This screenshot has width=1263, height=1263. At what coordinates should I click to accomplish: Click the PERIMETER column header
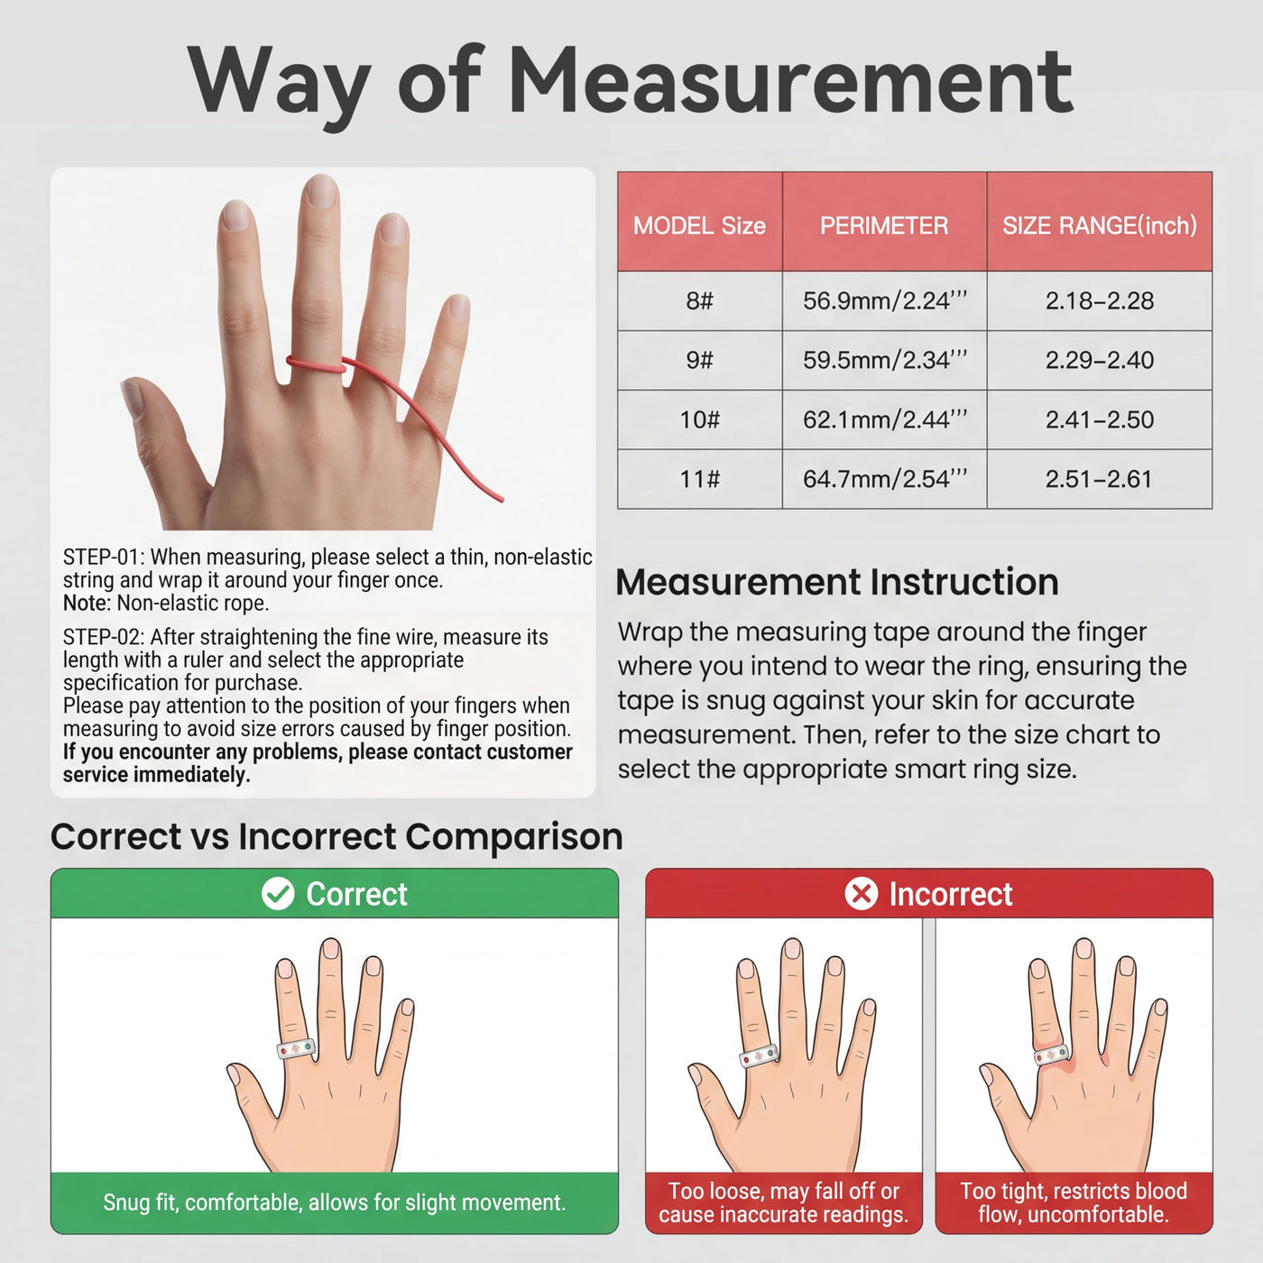pyautogui.click(x=884, y=226)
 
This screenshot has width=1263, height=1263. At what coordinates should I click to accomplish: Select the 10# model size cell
pyautogui.click(x=699, y=419)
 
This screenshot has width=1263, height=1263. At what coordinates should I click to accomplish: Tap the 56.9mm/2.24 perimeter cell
pyautogui.click(x=885, y=300)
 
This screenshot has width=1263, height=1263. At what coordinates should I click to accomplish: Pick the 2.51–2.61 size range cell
pyautogui.click(x=1099, y=479)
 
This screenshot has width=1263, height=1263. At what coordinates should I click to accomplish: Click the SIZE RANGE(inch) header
pyautogui.click(x=1100, y=226)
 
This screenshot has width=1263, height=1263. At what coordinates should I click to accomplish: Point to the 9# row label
pyautogui.click(x=699, y=360)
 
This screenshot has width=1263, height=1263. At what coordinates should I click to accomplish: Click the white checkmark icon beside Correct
pyautogui.click(x=278, y=893)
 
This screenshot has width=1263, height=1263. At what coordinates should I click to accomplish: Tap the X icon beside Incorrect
pyautogui.click(x=862, y=893)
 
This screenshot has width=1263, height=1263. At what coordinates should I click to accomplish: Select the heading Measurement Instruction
pyautogui.click(x=837, y=582)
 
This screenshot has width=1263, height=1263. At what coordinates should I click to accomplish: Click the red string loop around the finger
pyautogui.click(x=315, y=364)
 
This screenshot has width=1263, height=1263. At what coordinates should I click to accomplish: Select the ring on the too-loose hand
pyautogui.click(x=759, y=1056)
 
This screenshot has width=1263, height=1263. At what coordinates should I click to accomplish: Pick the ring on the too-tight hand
pyautogui.click(x=1053, y=1054)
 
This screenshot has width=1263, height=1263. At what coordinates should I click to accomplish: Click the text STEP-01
pyautogui.click(x=102, y=558)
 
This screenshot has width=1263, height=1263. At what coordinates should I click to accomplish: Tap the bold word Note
pyautogui.click(x=84, y=603)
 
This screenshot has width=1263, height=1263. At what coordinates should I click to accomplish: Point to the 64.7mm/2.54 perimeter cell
pyautogui.click(x=885, y=479)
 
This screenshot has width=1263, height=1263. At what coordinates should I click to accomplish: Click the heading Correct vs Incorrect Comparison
pyautogui.click(x=336, y=836)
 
